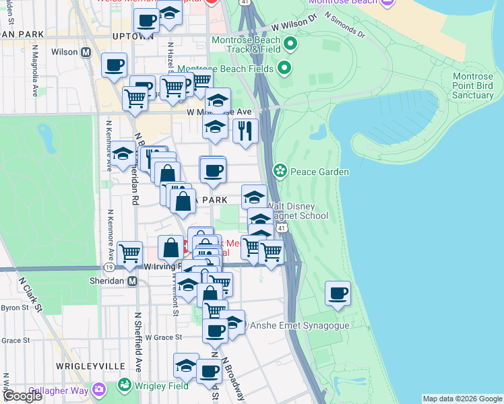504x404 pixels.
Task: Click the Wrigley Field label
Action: (x=162, y=386)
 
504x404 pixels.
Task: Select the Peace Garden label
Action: (x=319, y=172)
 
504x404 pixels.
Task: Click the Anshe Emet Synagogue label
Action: (x=300, y=325)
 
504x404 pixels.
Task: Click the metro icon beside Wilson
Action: (x=86, y=52)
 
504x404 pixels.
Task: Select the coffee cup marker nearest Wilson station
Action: (x=114, y=65)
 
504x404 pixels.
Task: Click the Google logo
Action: (x=22, y=396)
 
